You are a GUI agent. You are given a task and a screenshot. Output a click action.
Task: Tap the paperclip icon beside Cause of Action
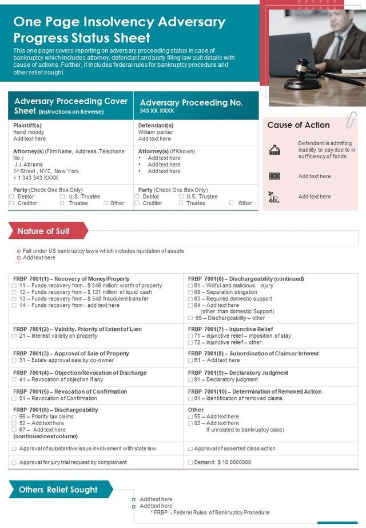(x=351, y=119)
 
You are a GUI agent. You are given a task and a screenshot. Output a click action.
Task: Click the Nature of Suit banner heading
(x=43, y=231)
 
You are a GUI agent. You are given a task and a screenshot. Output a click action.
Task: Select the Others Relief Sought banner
(x=58, y=490)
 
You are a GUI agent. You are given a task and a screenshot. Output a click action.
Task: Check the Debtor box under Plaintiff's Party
(x=12, y=197)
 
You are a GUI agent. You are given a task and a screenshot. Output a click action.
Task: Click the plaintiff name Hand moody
(x=29, y=132)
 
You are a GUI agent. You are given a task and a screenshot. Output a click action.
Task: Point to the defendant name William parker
(x=156, y=132)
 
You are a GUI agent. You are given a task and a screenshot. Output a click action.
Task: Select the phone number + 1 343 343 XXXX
(x=38, y=178)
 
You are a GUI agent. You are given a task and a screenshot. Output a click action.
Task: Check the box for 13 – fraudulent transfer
(x=14, y=299)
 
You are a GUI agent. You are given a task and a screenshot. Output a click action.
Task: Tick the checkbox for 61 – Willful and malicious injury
(x=190, y=286)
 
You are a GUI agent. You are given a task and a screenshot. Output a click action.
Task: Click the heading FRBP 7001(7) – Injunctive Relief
(x=230, y=329)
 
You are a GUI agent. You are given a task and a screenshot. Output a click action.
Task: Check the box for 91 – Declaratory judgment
(x=190, y=379)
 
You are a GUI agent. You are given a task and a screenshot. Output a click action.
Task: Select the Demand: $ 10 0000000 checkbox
(x=190, y=462)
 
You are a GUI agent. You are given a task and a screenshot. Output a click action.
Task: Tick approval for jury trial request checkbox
(x=14, y=462)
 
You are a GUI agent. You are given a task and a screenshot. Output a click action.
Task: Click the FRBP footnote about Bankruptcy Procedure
(x=210, y=513)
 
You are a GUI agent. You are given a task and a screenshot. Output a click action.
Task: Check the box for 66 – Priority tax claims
(x=14, y=417)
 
